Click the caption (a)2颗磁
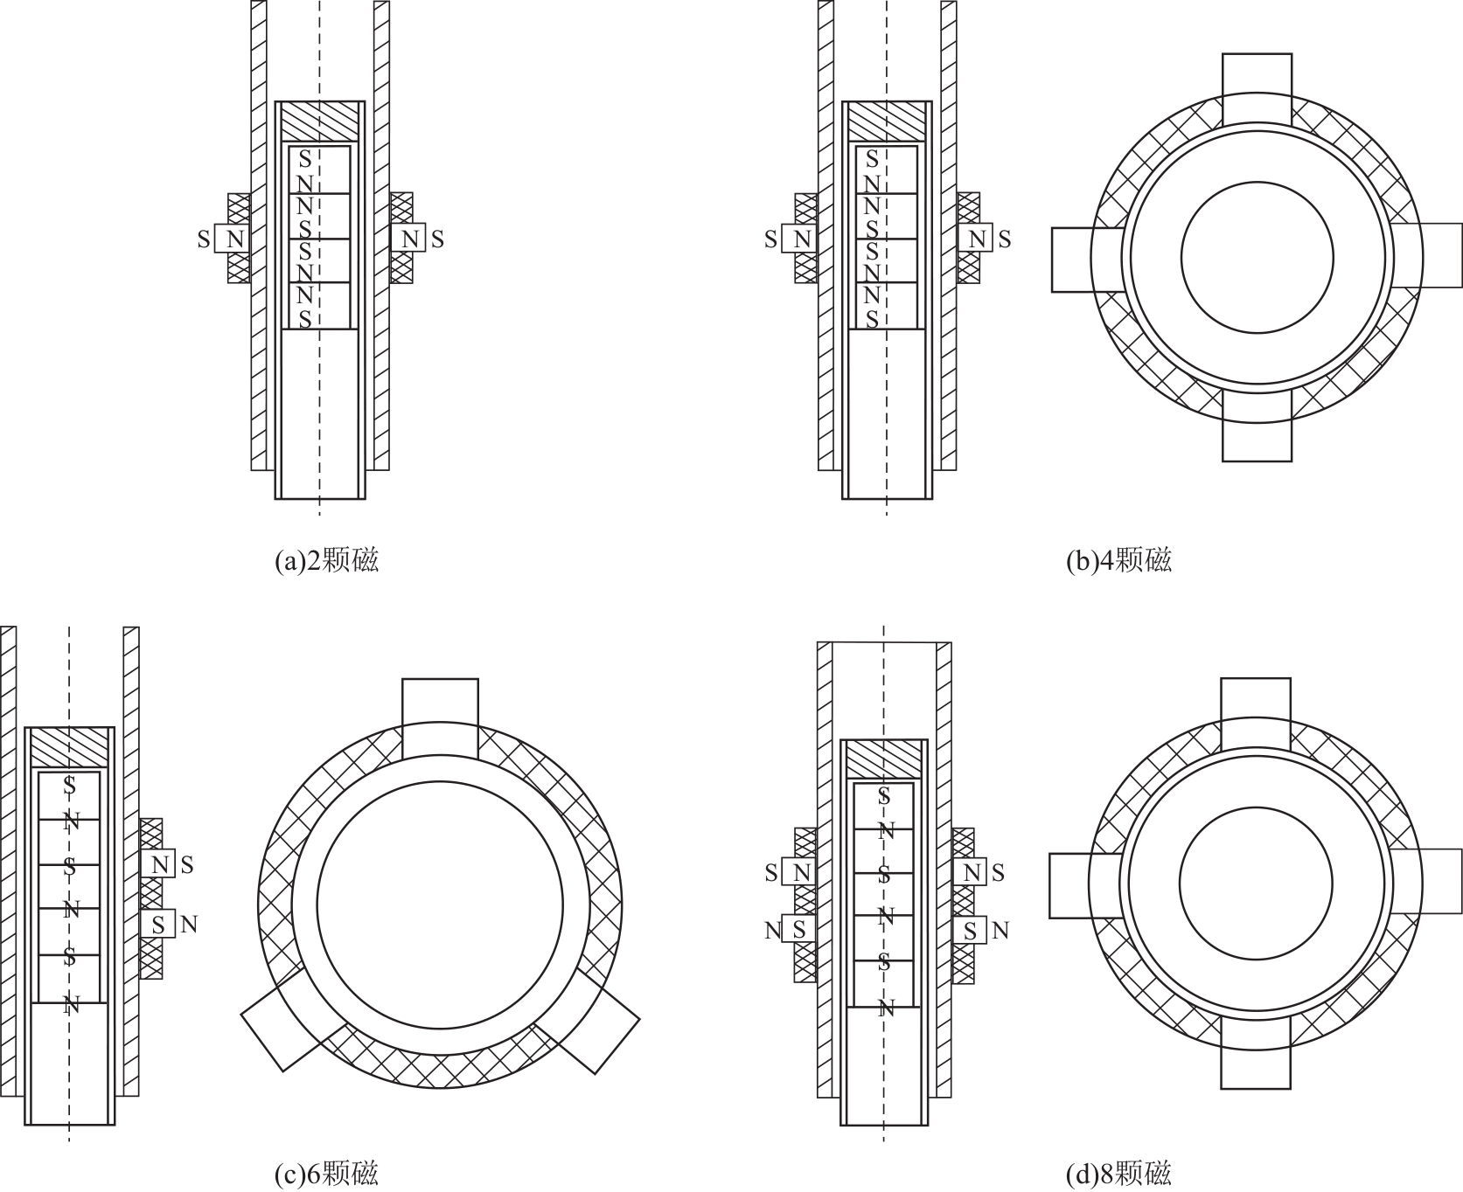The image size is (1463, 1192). click(x=327, y=560)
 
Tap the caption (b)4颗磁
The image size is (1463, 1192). click(x=1118, y=560)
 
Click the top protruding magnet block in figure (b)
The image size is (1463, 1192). click(x=1257, y=88)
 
